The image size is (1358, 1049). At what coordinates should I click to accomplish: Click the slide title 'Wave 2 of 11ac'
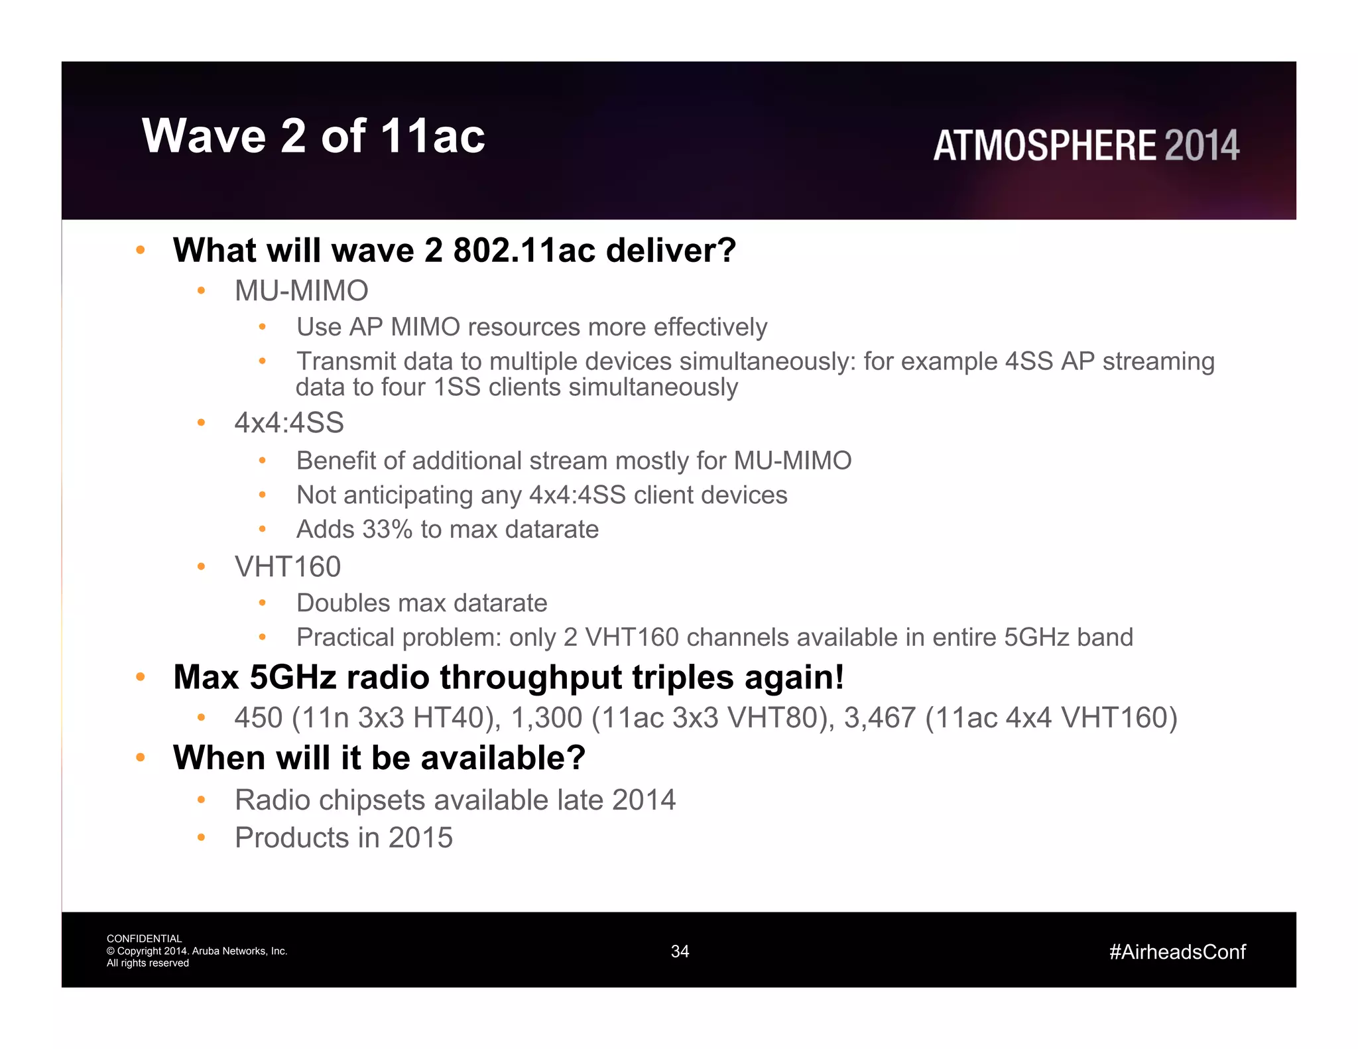click(313, 136)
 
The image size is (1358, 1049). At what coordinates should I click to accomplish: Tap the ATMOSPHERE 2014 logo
click(1086, 146)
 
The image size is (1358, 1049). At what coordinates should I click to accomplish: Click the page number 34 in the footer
click(680, 952)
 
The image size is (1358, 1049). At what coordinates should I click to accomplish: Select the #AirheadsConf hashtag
click(1177, 952)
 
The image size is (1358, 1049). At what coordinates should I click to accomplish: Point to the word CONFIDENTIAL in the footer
click(144, 938)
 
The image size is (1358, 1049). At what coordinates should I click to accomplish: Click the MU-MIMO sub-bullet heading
click(301, 291)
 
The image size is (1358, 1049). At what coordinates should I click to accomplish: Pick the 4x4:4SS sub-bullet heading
click(289, 423)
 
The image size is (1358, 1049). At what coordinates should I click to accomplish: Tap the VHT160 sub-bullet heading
click(287, 567)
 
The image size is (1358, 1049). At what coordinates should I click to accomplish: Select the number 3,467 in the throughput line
click(879, 718)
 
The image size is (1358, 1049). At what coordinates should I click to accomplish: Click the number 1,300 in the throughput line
click(546, 718)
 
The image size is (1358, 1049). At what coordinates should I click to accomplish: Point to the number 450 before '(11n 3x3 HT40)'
click(259, 718)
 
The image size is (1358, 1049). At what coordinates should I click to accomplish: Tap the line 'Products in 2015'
click(343, 837)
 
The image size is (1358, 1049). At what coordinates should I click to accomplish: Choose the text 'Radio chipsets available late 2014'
click(455, 800)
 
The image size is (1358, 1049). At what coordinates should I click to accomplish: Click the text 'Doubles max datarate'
click(422, 603)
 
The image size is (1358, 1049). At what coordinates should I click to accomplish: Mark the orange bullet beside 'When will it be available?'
click(140, 757)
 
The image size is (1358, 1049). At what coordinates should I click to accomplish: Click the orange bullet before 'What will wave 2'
click(140, 250)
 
